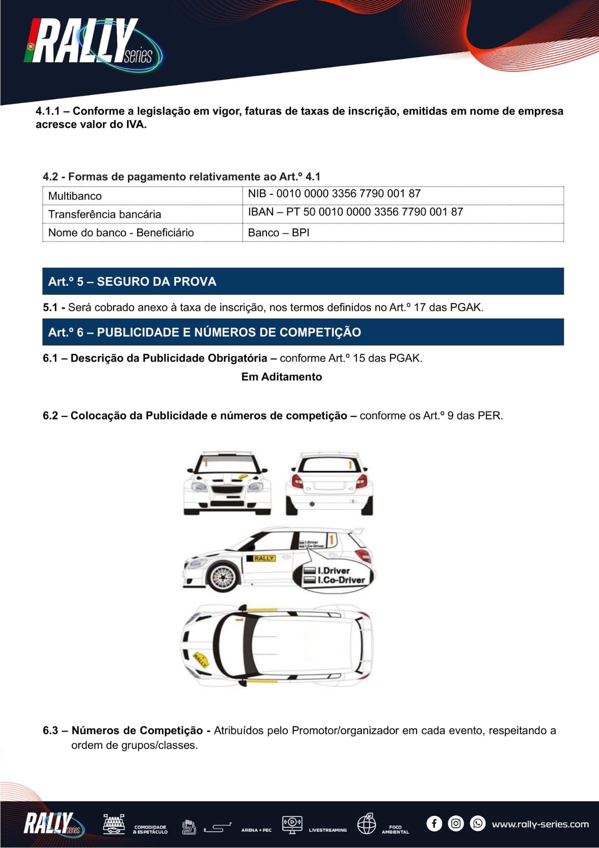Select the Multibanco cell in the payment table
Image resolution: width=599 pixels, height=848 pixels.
click(x=75, y=196)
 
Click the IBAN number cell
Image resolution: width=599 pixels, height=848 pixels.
click(x=355, y=212)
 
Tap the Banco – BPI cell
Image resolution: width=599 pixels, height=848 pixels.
click(x=279, y=233)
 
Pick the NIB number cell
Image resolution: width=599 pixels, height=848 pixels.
click(x=334, y=193)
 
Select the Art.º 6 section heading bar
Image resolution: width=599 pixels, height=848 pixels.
click(x=303, y=332)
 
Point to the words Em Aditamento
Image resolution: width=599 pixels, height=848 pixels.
click(x=282, y=377)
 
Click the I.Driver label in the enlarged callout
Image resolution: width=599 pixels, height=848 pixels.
click(x=333, y=571)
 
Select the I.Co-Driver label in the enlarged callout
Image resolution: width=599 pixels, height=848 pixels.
click(x=341, y=580)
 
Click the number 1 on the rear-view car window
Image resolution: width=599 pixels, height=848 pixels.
click(x=350, y=465)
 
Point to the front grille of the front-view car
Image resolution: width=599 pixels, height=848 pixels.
click(x=227, y=489)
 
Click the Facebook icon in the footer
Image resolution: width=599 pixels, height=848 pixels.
click(x=434, y=824)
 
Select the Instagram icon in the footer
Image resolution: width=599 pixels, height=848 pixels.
click(x=456, y=824)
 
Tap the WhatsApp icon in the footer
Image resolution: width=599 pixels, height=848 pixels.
click(x=477, y=824)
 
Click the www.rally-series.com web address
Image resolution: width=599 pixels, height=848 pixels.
click(x=540, y=824)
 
